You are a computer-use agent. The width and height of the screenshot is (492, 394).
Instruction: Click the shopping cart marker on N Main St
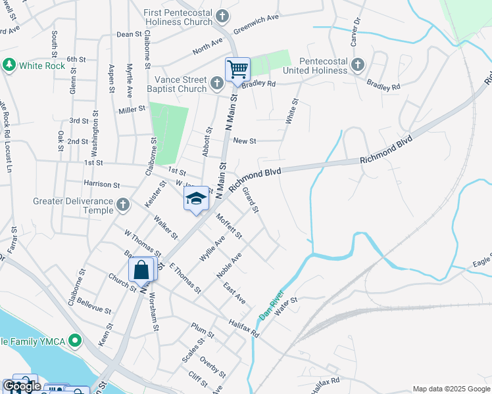click(237, 68)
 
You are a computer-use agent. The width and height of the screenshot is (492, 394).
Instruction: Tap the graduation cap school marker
click(196, 198)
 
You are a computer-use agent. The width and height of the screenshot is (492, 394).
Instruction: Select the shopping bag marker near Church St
click(141, 269)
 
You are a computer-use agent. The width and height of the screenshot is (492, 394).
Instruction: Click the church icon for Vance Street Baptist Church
click(218, 84)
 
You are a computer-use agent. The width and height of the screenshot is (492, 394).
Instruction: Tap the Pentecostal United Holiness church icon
click(357, 64)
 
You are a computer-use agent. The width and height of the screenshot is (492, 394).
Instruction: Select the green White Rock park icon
click(9, 65)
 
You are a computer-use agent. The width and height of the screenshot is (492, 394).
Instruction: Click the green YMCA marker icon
click(75, 341)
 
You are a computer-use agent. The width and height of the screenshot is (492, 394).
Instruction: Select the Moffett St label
click(229, 226)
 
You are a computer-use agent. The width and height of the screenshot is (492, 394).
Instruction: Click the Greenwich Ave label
click(256, 28)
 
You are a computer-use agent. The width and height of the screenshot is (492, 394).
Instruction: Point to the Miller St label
click(132, 109)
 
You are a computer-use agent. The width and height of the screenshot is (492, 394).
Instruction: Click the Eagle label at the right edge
click(481, 261)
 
